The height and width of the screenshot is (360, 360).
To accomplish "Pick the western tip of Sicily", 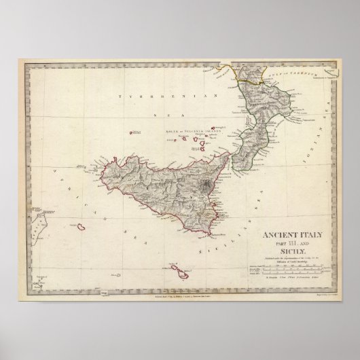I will point(91,168).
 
